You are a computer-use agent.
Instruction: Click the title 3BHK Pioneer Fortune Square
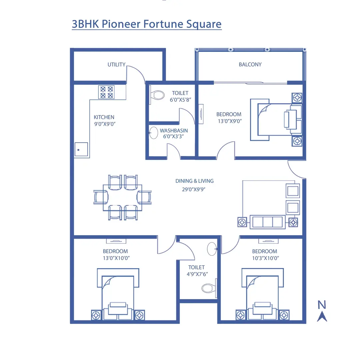(x=147, y=24)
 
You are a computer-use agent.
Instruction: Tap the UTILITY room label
(x=116, y=64)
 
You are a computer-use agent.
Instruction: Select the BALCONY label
(x=250, y=64)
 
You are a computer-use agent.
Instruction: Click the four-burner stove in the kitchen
(x=106, y=92)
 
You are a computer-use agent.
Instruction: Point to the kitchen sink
(x=81, y=150)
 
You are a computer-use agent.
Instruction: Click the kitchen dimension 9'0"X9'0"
(x=104, y=124)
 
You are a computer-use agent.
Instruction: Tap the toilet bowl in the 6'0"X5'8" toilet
(x=157, y=95)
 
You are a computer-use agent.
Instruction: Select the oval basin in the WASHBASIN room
(x=153, y=133)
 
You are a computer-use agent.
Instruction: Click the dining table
(x=122, y=197)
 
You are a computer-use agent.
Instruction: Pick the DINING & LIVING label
(x=194, y=181)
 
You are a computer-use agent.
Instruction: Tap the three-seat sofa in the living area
(x=267, y=222)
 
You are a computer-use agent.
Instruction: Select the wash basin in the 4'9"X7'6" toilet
(x=212, y=248)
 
